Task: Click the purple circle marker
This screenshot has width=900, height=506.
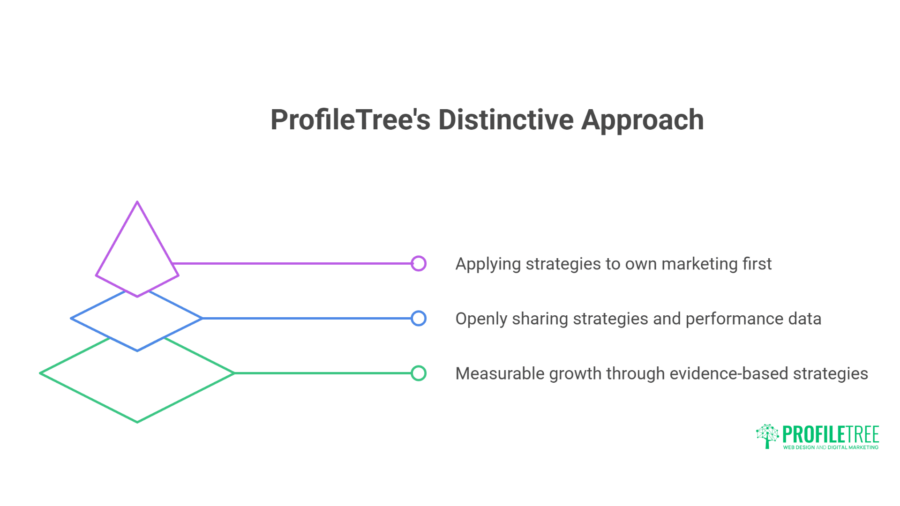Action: (419, 263)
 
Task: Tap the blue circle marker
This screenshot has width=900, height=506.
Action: (419, 319)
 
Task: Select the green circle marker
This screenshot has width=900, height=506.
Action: (419, 373)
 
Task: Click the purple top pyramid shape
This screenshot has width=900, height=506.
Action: (137, 253)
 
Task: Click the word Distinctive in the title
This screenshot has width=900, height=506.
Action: (506, 119)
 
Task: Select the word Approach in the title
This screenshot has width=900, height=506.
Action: (643, 120)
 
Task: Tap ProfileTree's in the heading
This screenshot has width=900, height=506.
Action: (350, 119)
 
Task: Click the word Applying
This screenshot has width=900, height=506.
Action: (488, 264)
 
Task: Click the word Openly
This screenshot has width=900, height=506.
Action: (481, 319)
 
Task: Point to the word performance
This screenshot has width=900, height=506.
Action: (734, 319)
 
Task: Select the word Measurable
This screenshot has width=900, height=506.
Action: (499, 373)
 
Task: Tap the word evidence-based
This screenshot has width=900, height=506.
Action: (729, 373)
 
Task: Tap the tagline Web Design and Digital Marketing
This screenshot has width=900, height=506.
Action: (831, 447)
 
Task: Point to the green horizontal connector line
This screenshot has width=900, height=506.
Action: (323, 373)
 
